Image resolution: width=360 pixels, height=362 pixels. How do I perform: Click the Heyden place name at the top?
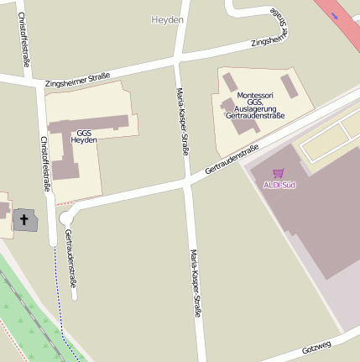(x=167, y=18)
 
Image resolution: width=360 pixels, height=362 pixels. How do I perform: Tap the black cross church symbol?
(x=24, y=221)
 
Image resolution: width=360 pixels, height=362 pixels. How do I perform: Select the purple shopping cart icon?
(x=278, y=173)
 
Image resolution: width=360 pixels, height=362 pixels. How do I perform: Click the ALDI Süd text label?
(x=279, y=185)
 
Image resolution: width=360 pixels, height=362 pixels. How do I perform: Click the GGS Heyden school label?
(x=84, y=137)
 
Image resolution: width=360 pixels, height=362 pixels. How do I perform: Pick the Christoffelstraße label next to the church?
(x=44, y=165)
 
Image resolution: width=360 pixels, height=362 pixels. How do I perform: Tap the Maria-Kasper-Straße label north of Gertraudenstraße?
(x=182, y=121)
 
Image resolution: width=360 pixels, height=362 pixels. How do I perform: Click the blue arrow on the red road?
(x=337, y=14)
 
